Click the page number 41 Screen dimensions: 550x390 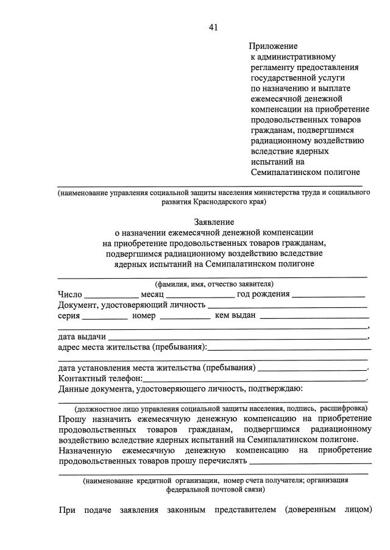click(213, 27)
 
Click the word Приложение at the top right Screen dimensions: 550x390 click(272, 46)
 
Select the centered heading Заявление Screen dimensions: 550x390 click(214, 222)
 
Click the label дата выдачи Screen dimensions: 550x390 click(82, 337)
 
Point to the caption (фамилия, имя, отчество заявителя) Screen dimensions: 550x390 click(214, 284)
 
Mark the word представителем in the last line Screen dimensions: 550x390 click(244, 510)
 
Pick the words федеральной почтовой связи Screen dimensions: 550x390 click(216, 490)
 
